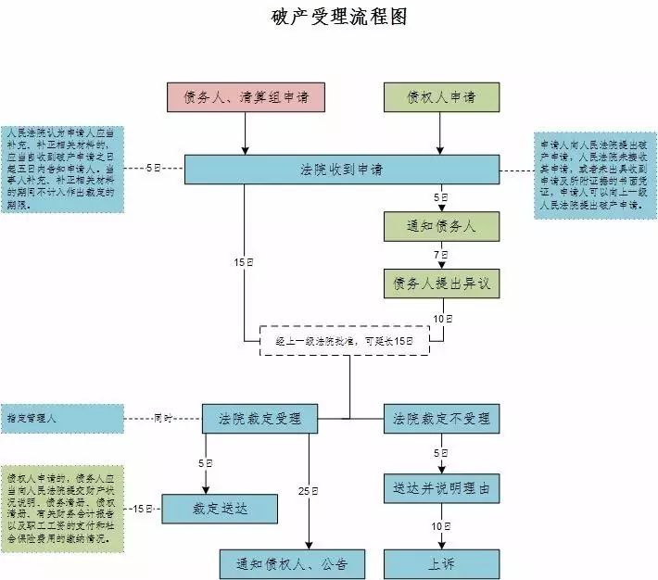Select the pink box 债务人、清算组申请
[x=246, y=98]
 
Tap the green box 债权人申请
[x=442, y=98]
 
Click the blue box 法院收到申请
[x=342, y=170]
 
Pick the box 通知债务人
[x=442, y=226]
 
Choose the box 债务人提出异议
[x=442, y=284]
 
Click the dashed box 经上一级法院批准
[x=344, y=341]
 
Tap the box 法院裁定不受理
[x=441, y=418]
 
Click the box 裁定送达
[x=219, y=508]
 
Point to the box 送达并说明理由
[x=441, y=488]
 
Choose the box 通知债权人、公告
[x=292, y=563]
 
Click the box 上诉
[x=441, y=563]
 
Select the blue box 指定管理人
[x=63, y=419]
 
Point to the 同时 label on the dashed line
[x=163, y=419]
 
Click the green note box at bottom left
[x=63, y=509]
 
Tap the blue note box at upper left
[x=63, y=169]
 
